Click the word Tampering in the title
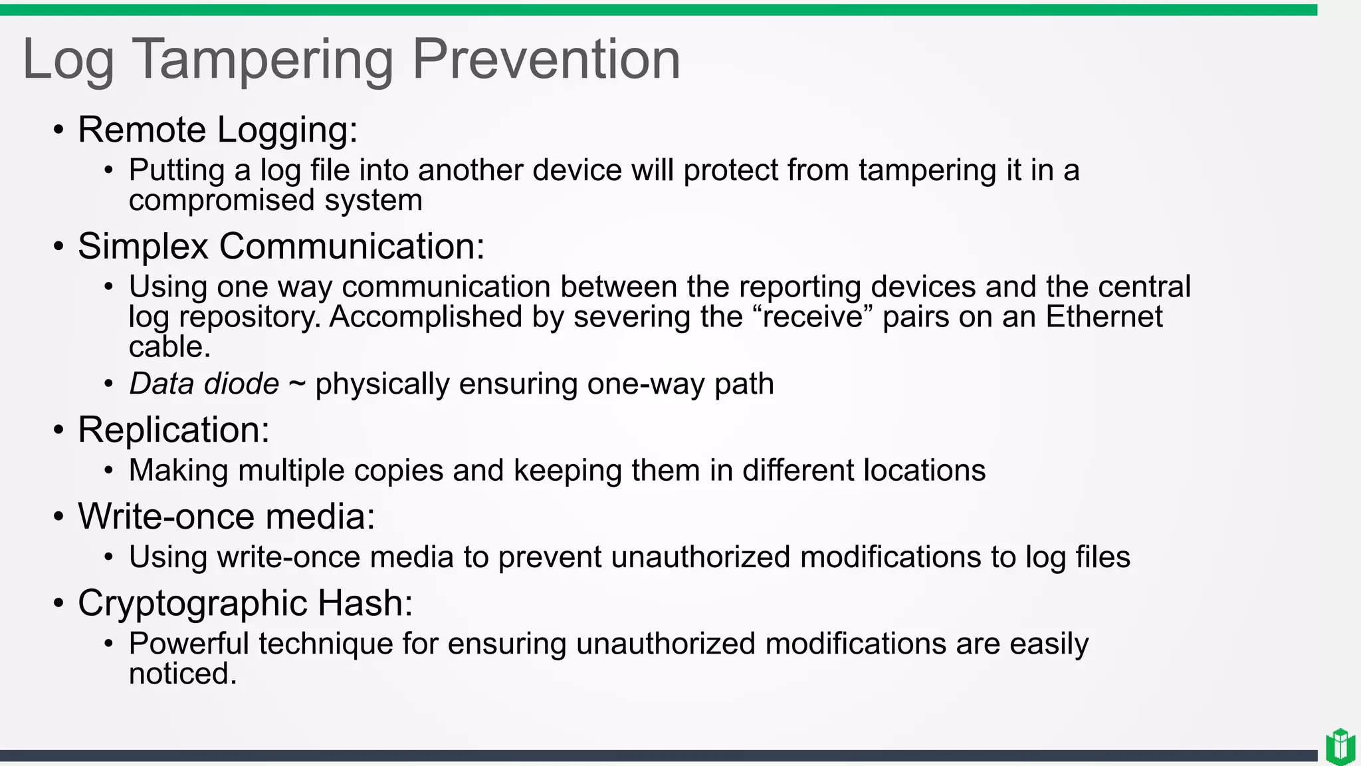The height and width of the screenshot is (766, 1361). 263,60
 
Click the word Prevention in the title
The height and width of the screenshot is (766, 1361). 546,60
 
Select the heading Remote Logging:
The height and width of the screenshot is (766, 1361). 217,130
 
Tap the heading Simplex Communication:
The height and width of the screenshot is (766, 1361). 281,247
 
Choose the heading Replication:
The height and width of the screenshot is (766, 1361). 173,430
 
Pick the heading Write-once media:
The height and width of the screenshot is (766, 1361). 226,516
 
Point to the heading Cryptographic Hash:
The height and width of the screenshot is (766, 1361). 245,603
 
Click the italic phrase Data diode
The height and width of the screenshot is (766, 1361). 204,384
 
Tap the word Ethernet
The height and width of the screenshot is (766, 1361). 1104,317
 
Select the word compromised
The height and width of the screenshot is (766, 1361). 221,201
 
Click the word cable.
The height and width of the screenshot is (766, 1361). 169,346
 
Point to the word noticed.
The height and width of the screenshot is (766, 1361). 181,674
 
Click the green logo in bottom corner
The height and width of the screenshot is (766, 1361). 1340,747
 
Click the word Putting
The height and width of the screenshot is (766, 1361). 177,171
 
